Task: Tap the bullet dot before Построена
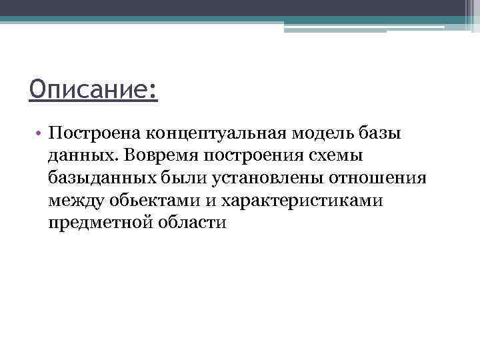40,133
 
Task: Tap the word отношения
353,177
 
